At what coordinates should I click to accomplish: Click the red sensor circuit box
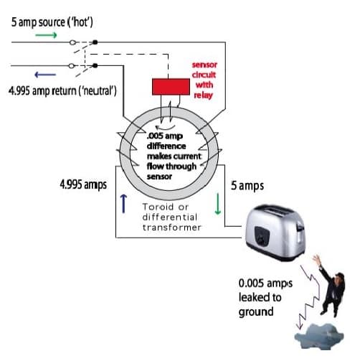(x=171, y=87)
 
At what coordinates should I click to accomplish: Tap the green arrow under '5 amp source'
(x=46, y=35)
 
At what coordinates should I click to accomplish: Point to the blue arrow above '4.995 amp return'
(x=45, y=75)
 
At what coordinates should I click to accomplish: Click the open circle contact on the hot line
(x=72, y=42)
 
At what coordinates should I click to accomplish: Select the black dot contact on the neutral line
(x=95, y=65)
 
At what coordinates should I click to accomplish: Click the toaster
(x=275, y=233)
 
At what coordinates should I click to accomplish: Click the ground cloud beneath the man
(x=319, y=336)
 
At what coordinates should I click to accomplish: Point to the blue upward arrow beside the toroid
(x=123, y=204)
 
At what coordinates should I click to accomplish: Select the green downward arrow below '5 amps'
(x=218, y=204)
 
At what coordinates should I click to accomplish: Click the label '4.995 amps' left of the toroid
(x=83, y=185)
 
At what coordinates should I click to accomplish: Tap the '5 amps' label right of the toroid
(x=247, y=186)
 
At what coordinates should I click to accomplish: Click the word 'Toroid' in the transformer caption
(x=158, y=207)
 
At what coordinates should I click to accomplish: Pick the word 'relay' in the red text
(x=203, y=95)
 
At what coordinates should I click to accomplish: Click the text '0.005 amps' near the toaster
(x=265, y=283)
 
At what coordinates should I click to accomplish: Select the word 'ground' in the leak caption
(x=256, y=312)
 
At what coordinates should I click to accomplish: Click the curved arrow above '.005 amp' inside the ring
(x=165, y=128)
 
